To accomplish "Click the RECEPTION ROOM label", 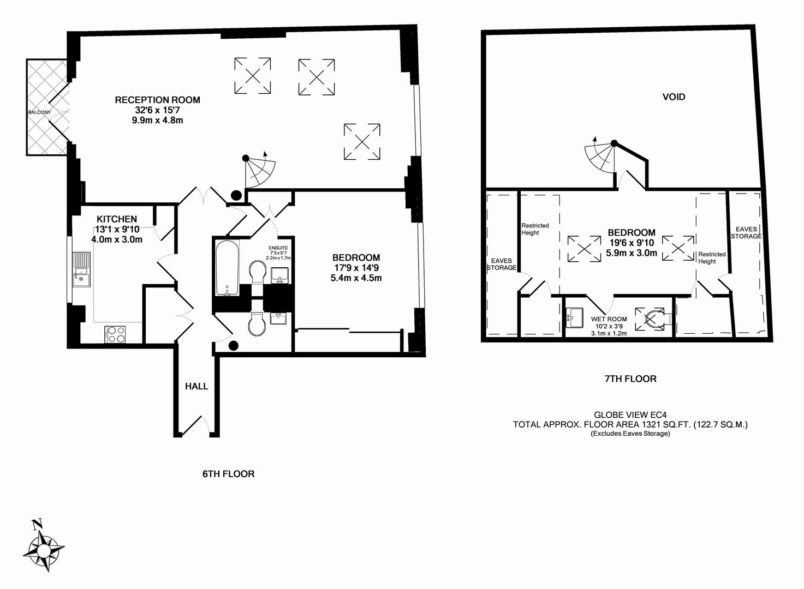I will pyautogui.click(x=157, y=100).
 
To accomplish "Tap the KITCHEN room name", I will pyautogui.click(x=117, y=219).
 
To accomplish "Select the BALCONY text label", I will pyautogui.click(x=39, y=112).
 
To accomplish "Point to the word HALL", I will pyautogui.click(x=196, y=386).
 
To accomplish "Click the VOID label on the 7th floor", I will pyautogui.click(x=674, y=97).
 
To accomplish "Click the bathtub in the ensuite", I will pyautogui.click(x=227, y=267).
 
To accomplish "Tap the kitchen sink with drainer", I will pyautogui.click(x=81, y=269).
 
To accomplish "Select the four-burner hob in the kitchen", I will pyautogui.click(x=115, y=334).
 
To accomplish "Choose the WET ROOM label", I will pyautogui.click(x=609, y=319).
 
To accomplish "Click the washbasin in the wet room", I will pyautogui.click(x=574, y=317).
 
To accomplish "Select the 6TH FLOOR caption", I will pyautogui.click(x=228, y=474).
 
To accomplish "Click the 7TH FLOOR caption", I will pyautogui.click(x=630, y=378).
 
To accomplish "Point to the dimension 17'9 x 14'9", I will pyautogui.click(x=356, y=268).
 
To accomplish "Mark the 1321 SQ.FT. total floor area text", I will pyautogui.click(x=630, y=424).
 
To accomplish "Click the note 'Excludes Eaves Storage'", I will pyautogui.click(x=630, y=434).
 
